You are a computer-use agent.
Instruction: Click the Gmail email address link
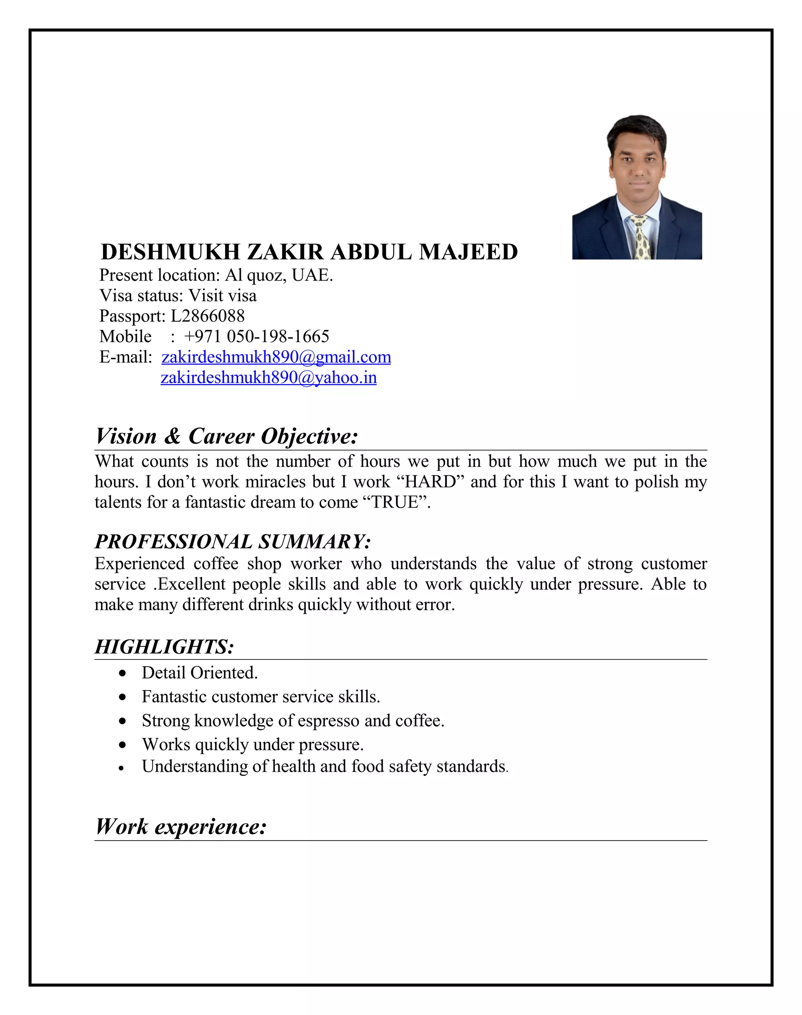(x=276, y=357)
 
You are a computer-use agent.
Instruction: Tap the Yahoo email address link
(x=269, y=378)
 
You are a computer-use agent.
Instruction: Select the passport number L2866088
(x=208, y=316)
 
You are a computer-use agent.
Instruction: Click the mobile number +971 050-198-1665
(x=256, y=337)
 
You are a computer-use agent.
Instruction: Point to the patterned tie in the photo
(x=639, y=237)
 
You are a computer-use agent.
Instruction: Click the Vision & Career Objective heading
(x=227, y=436)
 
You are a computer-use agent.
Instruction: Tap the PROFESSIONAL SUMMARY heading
(x=233, y=541)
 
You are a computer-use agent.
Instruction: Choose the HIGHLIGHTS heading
(x=164, y=647)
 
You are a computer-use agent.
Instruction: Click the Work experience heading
(x=181, y=826)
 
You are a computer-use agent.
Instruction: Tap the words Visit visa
(x=222, y=295)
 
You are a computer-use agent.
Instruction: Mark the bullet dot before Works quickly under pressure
(x=123, y=745)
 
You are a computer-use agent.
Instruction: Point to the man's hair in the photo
(x=636, y=128)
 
